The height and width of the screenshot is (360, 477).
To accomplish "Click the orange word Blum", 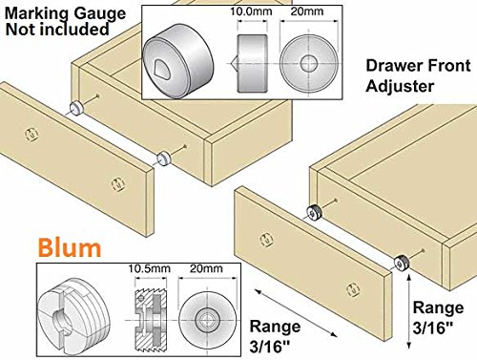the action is coord(70,247).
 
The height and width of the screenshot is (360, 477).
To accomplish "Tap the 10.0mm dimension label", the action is coord(251,11).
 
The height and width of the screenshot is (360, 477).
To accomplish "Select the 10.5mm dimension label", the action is coord(150,268).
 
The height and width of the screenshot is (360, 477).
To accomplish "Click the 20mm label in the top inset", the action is coord(307,11).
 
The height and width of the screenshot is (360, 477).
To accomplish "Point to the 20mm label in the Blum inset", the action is coord(207,268).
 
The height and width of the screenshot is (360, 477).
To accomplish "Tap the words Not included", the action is coord(57,30).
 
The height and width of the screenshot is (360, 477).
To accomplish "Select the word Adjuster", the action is coord(400,86).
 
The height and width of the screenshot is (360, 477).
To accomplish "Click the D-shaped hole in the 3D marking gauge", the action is coord(162,66).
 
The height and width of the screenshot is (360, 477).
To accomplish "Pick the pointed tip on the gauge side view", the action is coord(232,63).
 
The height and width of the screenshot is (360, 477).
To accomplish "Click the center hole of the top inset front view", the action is coord(309,63).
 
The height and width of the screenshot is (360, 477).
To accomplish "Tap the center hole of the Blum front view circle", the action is coord(207,320).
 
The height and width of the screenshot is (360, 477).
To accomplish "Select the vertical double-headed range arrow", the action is coord(409,312).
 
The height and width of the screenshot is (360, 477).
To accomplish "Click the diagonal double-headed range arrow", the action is coord(296,313).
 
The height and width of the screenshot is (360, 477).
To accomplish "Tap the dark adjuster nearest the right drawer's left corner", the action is coord(314,212).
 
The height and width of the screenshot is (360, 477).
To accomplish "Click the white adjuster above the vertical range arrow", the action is coord(402,263).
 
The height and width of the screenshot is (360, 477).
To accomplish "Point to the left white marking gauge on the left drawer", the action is coord(76,108).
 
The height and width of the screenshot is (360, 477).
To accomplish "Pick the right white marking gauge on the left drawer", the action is coord(163,158).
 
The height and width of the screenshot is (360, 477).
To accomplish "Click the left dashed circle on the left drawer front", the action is coord(31,134).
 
